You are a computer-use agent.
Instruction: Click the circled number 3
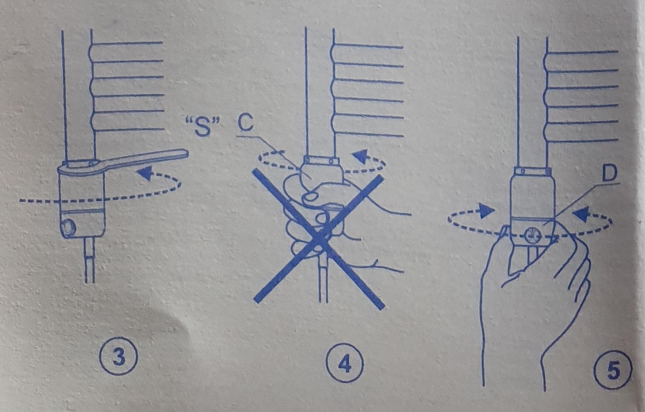(118, 357)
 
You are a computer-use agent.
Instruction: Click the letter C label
(246, 123)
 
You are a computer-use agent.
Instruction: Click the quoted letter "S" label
(202, 127)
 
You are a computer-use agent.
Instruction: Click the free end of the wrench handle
(186, 153)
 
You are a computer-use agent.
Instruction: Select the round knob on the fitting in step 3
(69, 227)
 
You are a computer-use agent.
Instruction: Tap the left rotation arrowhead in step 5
(487, 211)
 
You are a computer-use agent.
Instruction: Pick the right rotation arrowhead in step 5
(580, 214)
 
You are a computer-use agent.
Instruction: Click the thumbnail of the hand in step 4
(309, 197)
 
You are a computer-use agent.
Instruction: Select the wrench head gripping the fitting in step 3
(82, 169)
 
